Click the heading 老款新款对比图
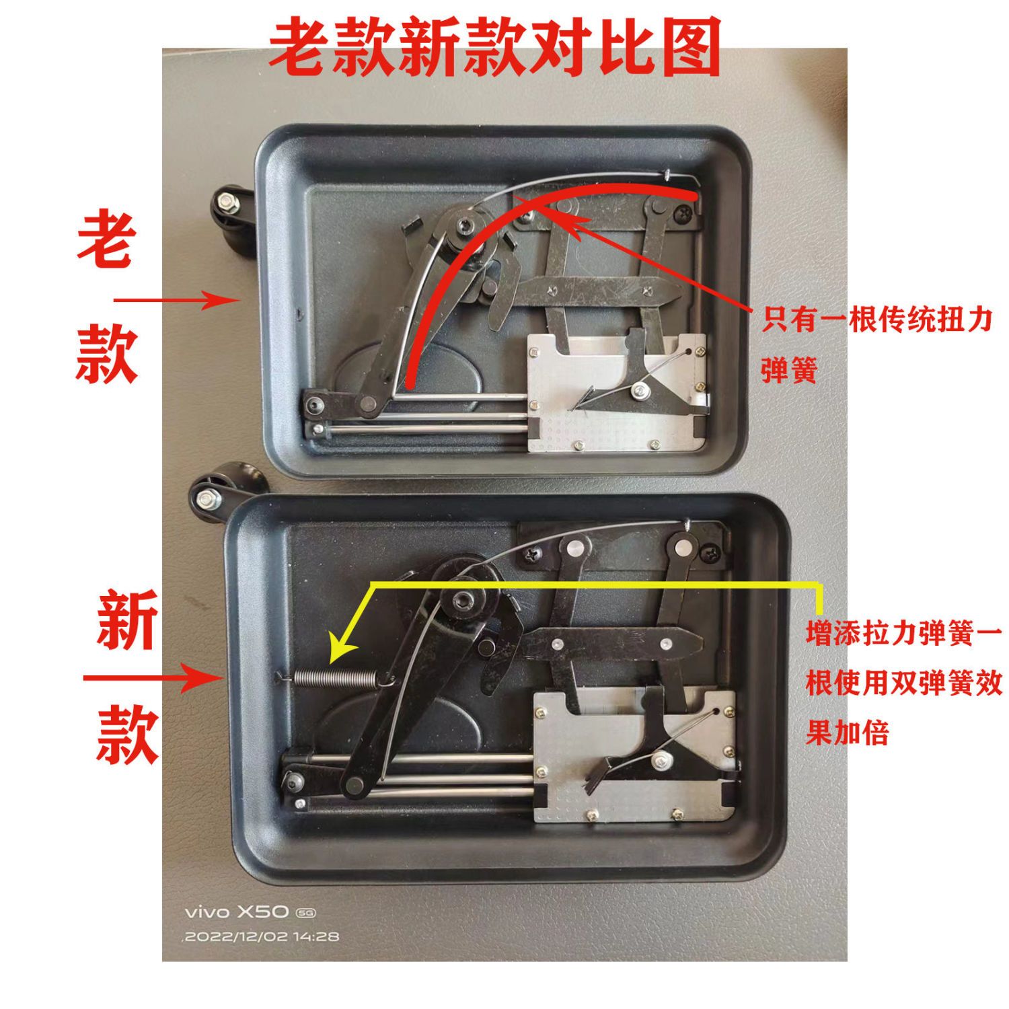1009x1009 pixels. pyautogui.click(x=495, y=47)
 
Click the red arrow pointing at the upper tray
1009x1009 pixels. pyautogui.click(x=176, y=300)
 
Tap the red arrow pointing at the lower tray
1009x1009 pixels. pyautogui.click(x=153, y=677)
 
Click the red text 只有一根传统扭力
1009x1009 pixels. pyautogui.click(x=877, y=320)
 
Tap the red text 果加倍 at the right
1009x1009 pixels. pyautogui.click(x=847, y=733)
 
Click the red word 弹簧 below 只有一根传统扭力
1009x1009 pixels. pyautogui.click(x=789, y=369)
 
